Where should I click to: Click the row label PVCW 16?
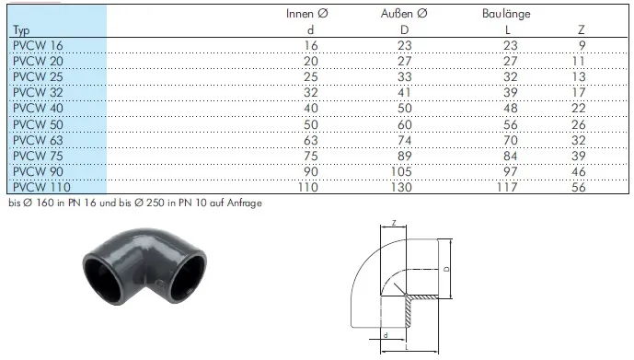coord(38,46)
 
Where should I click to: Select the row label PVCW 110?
coord(41,187)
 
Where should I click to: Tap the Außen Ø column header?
coord(404,14)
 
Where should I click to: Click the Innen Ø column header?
coord(307,14)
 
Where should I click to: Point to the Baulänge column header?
coord(506,14)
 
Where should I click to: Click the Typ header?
coord(21,30)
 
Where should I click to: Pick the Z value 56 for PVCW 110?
coord(579,187)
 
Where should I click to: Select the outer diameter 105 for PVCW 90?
coord(401,171)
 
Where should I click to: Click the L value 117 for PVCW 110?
coord(507,187)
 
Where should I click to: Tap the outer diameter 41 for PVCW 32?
coord(404,93)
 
